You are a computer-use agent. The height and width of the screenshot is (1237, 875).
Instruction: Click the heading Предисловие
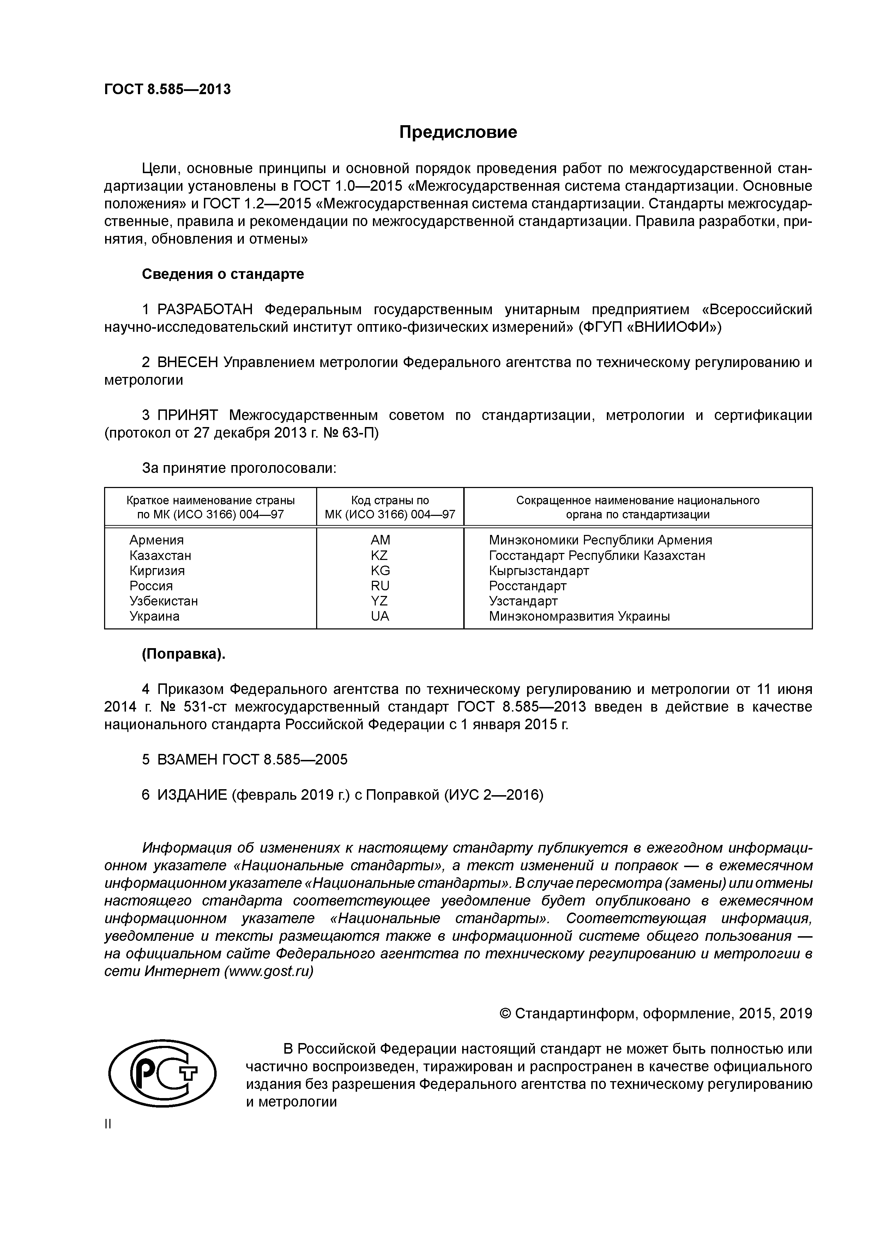458,132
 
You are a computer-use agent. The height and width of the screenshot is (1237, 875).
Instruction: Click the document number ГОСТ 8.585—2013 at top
167,90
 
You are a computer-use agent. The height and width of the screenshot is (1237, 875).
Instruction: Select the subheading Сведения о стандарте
223,274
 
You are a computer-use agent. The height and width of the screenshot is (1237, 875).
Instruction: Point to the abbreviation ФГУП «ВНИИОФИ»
650,327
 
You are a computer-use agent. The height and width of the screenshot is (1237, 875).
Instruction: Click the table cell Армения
156,540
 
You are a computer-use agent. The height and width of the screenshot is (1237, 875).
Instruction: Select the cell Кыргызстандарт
539,571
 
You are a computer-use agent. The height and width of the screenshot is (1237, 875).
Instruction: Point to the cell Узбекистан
163,601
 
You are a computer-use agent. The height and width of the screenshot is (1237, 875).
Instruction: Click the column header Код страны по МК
390,507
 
